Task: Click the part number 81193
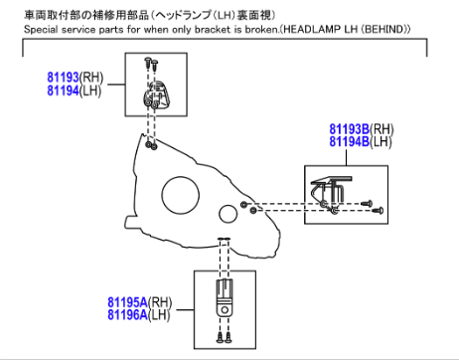click(x=63, y=78)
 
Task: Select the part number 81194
click(x=63, y=90)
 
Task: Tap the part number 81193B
click(x=349, y=129)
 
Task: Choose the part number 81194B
click(x=349, y=141)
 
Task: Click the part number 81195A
click(x=127, y=302)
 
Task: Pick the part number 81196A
click(x=127, y=314)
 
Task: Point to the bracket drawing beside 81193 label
click(x=156, y=94)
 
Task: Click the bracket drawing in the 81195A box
click(x=225, y=297)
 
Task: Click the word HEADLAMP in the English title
click(x=312, y=29)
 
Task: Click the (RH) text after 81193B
click(x=382, y=129)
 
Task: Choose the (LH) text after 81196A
click(x=159, y=315)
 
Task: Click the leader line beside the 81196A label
click(x=185, y=310)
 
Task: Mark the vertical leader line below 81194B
click(x=346, y=157)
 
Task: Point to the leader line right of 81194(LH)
click(x=116, y=85)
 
